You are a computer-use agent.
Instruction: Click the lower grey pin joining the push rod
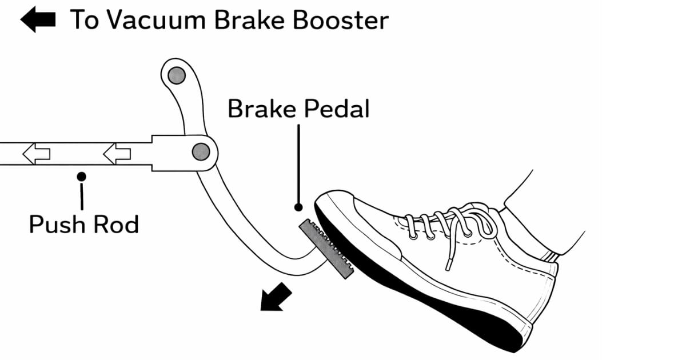(200, 151)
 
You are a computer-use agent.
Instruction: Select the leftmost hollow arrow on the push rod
(35, 153)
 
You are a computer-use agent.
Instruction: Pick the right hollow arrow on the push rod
(117, 153)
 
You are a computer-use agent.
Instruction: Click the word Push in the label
(57, 225)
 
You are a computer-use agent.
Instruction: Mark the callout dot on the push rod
(82, 175)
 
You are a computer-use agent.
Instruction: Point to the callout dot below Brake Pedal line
(298, 207)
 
